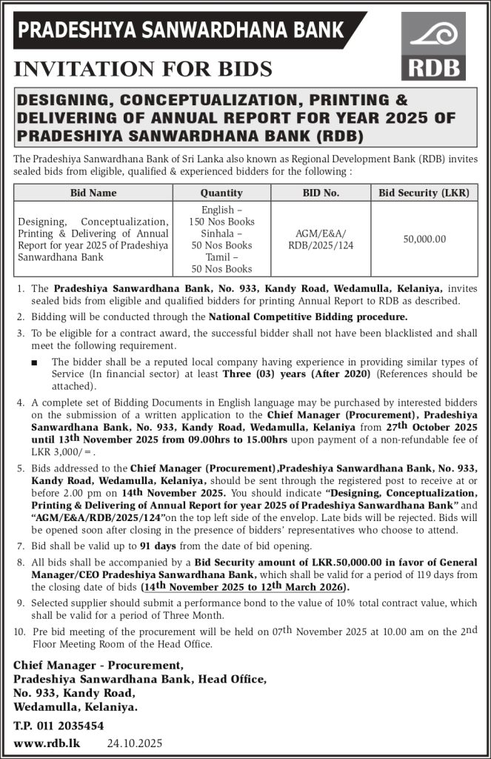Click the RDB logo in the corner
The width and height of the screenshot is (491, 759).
[435, 46]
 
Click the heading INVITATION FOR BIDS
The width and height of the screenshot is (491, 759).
[143, 70]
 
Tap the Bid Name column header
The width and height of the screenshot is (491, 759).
[93, 193]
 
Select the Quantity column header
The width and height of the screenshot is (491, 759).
[221, 193]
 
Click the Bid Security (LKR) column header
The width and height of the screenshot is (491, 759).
[424, 193]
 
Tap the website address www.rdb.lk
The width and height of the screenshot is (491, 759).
[47, 743]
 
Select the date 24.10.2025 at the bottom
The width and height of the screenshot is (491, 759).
[134, 743]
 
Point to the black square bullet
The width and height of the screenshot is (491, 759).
[36, 362]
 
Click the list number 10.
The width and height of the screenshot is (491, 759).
[19, 632]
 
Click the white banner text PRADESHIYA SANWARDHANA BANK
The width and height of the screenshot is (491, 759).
[181, 30]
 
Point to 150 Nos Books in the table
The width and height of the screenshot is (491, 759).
[221, 222]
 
